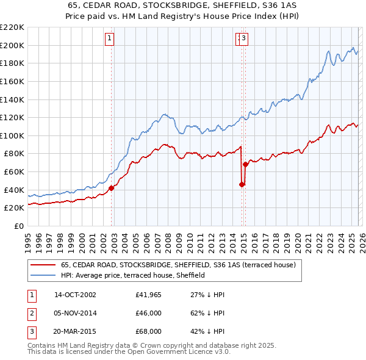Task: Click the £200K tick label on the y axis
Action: click(x=12, y=45)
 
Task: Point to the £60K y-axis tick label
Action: click(x=14, y=172)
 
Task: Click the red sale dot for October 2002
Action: click(x=112, y=188)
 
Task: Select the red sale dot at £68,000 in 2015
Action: click(x=245, y=164)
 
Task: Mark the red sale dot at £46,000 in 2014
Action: click(x=242, y=184)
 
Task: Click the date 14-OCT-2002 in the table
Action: click(x=75, y=295)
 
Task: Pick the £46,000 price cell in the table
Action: click(x=148, y=313)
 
